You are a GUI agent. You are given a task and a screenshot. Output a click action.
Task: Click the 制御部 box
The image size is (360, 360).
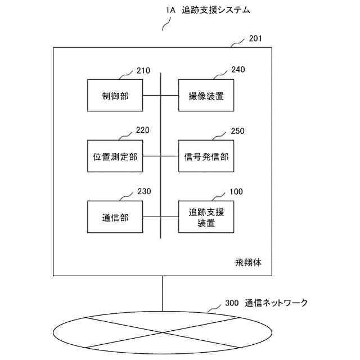115,96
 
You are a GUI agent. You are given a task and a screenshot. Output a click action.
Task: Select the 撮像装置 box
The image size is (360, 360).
206,96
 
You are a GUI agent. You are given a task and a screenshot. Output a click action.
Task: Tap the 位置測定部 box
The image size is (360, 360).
115,156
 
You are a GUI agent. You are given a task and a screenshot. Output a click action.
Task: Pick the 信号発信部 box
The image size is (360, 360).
206,156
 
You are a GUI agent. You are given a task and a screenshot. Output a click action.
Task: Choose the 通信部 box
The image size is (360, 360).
115,217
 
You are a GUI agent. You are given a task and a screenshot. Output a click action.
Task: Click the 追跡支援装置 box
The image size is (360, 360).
206,217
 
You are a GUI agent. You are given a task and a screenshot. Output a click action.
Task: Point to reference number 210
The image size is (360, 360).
143,71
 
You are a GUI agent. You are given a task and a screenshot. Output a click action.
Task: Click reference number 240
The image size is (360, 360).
238,70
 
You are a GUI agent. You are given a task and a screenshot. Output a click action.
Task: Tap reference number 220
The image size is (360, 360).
143,130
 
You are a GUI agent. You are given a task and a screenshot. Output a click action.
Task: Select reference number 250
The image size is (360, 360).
238,130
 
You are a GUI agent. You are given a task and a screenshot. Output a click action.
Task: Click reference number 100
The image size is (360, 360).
236,192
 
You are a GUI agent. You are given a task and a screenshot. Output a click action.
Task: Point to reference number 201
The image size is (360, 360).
255,39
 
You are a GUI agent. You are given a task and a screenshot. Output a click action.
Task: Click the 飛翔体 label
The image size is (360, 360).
248,263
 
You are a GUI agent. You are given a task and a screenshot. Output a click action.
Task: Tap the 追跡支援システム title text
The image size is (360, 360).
217,10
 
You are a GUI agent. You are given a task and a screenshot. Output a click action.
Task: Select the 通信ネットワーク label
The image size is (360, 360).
276,303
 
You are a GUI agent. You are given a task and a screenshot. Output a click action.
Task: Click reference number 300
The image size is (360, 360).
232,303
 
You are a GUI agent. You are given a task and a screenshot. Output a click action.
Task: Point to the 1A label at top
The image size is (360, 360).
171,10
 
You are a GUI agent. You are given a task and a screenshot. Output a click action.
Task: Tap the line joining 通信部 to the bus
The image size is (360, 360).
152,217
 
